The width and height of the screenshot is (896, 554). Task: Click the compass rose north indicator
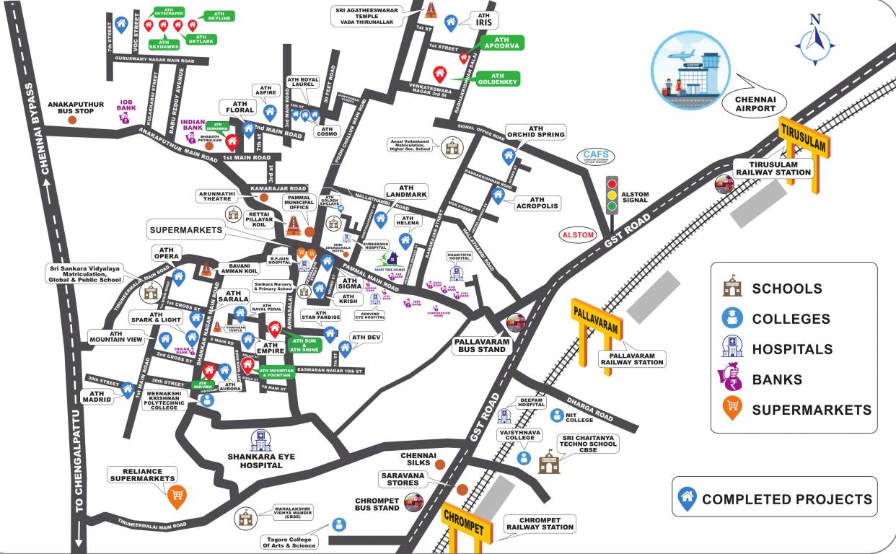point(814,40)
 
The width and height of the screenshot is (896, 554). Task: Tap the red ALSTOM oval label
point(578,235)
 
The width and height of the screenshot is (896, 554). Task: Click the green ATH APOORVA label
point(497,43)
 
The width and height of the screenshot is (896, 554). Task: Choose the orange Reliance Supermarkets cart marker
point(176,495)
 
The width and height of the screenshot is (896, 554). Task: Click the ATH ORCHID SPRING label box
point(535,131)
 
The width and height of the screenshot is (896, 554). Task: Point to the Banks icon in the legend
point(732,379)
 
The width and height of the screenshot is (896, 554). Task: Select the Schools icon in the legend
point(732,288)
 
